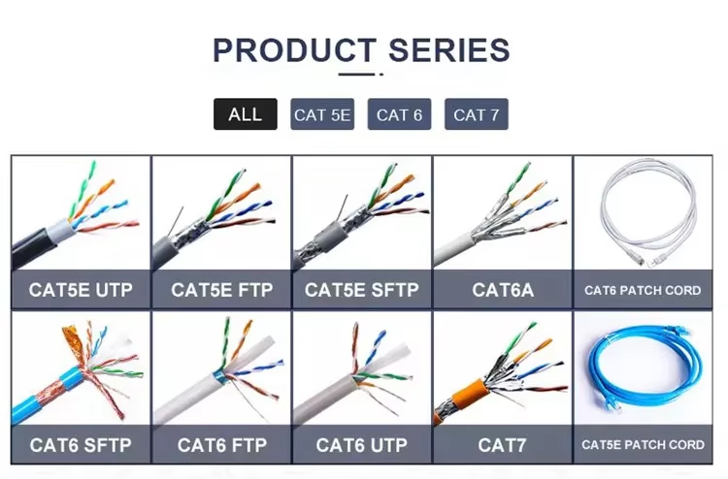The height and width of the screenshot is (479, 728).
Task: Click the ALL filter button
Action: click(x=246, y=114)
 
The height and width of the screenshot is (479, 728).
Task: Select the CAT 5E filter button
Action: click(x=322, y=114)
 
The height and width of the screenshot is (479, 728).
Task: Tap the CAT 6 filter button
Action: click(x=399, y=114)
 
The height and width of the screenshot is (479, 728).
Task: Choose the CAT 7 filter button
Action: click(x=477, y=114)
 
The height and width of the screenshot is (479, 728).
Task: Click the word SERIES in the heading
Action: click(x=449, y=50)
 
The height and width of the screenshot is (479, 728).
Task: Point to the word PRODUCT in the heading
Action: click(x=294, y=50)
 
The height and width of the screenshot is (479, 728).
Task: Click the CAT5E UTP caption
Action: click(x=81, y=290)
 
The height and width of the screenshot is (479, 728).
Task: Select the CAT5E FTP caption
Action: click(x=222, y=290)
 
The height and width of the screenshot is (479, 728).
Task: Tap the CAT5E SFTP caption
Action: click(x=362, y=290)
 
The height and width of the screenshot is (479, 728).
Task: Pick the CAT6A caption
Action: click(x=503, y=290)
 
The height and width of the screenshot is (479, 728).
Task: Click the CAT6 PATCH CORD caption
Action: click(x=643, y=290)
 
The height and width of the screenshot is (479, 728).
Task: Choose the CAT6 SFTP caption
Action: click(x=81, y=445)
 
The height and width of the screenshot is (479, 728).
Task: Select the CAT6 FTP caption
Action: click(x=222, y=445)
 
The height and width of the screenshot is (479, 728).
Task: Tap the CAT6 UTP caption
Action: click(x=362, y=445)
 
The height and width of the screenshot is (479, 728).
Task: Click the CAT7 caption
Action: click(x=503, y=445)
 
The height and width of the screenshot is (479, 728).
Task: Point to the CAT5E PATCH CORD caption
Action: click(x=643, y=445)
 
